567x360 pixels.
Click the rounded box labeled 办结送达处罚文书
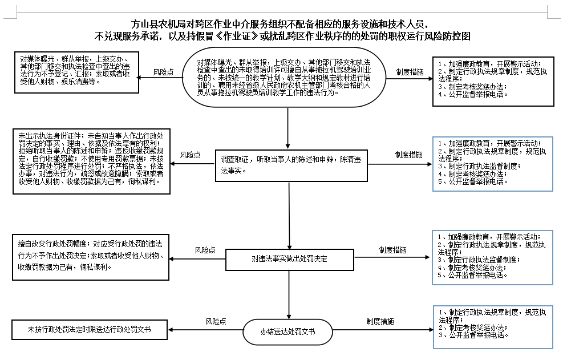click(x=288, y=331)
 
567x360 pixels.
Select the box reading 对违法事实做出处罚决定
click(x=289, y=258)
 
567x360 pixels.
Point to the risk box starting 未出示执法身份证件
click(x=91, y=162)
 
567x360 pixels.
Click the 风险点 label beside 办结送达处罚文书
click(x=216, y=321)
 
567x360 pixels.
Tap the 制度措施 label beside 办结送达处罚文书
click(x=379, y=321)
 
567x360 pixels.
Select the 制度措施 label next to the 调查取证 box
click(x=408, y=155)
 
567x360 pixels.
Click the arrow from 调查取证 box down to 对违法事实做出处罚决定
click(x=289, y=217)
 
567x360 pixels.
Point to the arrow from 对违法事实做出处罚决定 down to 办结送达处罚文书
click(x=289, y=294)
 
